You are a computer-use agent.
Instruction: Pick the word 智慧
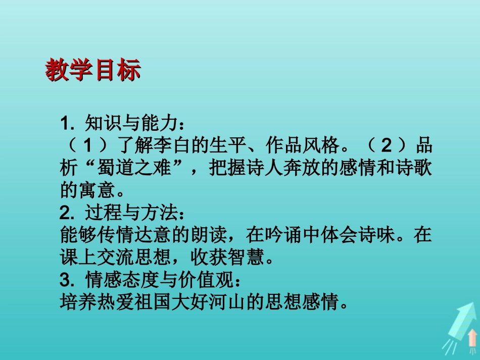point(246,259)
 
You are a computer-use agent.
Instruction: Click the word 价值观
point(208,281)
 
